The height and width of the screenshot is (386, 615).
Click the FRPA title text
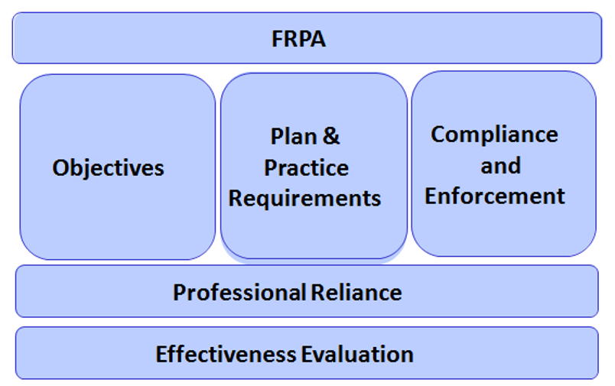[298, 39]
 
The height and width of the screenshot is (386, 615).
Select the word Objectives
[108, 168]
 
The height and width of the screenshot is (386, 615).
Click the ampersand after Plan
[331, 137]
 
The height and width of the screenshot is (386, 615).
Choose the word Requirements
[304, 199]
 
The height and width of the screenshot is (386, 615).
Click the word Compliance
[494, 135]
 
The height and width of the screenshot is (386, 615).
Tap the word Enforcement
[495, 196]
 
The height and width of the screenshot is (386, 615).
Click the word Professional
[239, 292]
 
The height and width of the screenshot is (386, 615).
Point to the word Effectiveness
[226, 354]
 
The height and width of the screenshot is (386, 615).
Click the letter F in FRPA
[277, 39]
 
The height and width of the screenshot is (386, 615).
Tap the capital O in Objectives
[60, 168]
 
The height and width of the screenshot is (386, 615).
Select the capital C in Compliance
[438, 135]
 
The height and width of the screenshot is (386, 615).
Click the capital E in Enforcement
[431, 196]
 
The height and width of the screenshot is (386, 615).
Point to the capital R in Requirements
[235, 199]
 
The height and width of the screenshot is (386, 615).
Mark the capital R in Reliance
[317, 292]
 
